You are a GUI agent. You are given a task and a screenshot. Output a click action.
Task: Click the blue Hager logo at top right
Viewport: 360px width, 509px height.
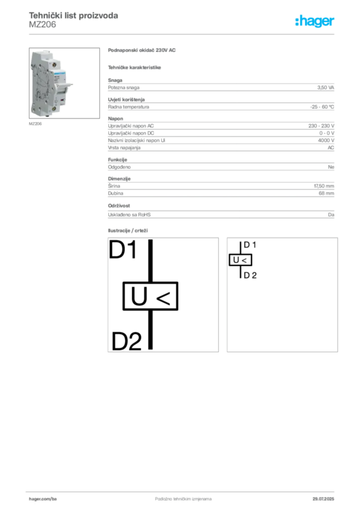point(315,22)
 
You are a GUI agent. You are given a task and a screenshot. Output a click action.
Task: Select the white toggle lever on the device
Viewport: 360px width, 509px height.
point(68,85)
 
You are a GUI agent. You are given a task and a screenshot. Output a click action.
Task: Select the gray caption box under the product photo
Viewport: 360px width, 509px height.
point(36,124)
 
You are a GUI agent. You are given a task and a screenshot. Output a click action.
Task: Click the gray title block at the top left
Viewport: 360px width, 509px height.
point(74,19)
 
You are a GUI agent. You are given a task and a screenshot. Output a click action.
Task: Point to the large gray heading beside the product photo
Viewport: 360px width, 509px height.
point(143,51)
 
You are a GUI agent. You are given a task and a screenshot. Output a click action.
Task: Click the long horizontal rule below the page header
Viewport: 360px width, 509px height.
point(182,34)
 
